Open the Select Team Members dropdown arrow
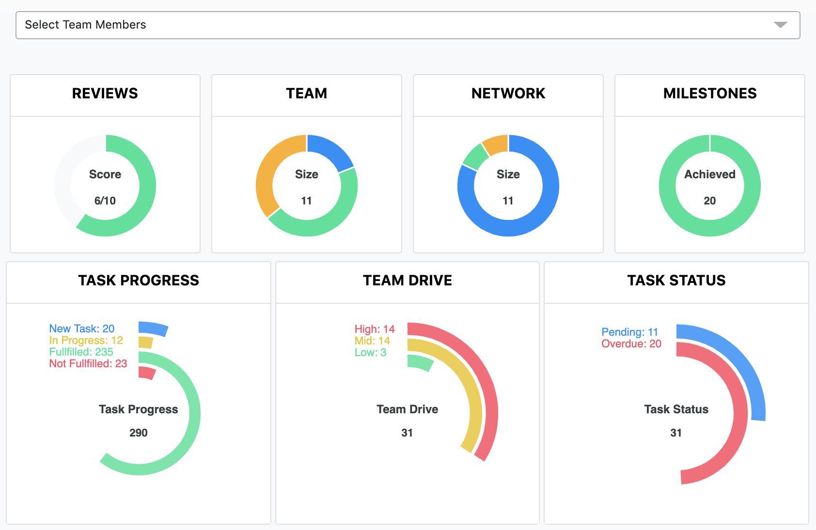click(x=780, y=25)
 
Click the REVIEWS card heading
click(x=105, y=94)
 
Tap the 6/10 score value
click(x=105, y=201)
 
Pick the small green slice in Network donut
click(x=474, y=156)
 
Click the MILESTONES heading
click(x=710, y=94)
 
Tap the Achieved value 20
click(x=710, y=201)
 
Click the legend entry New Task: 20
click(x=82, y=328)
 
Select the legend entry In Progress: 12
click(x=86, y=340)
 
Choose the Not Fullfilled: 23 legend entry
click(x=88, y=363)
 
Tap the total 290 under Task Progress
click(x=139, y=433)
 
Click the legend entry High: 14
click(x=375, y=329)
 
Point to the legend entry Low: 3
click(x=370, y=352)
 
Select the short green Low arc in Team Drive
click(x=420, y=363)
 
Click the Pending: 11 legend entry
click(x=629, y=332)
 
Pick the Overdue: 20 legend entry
click(x=631, y=343)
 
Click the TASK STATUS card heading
click(x=676, y=281)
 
